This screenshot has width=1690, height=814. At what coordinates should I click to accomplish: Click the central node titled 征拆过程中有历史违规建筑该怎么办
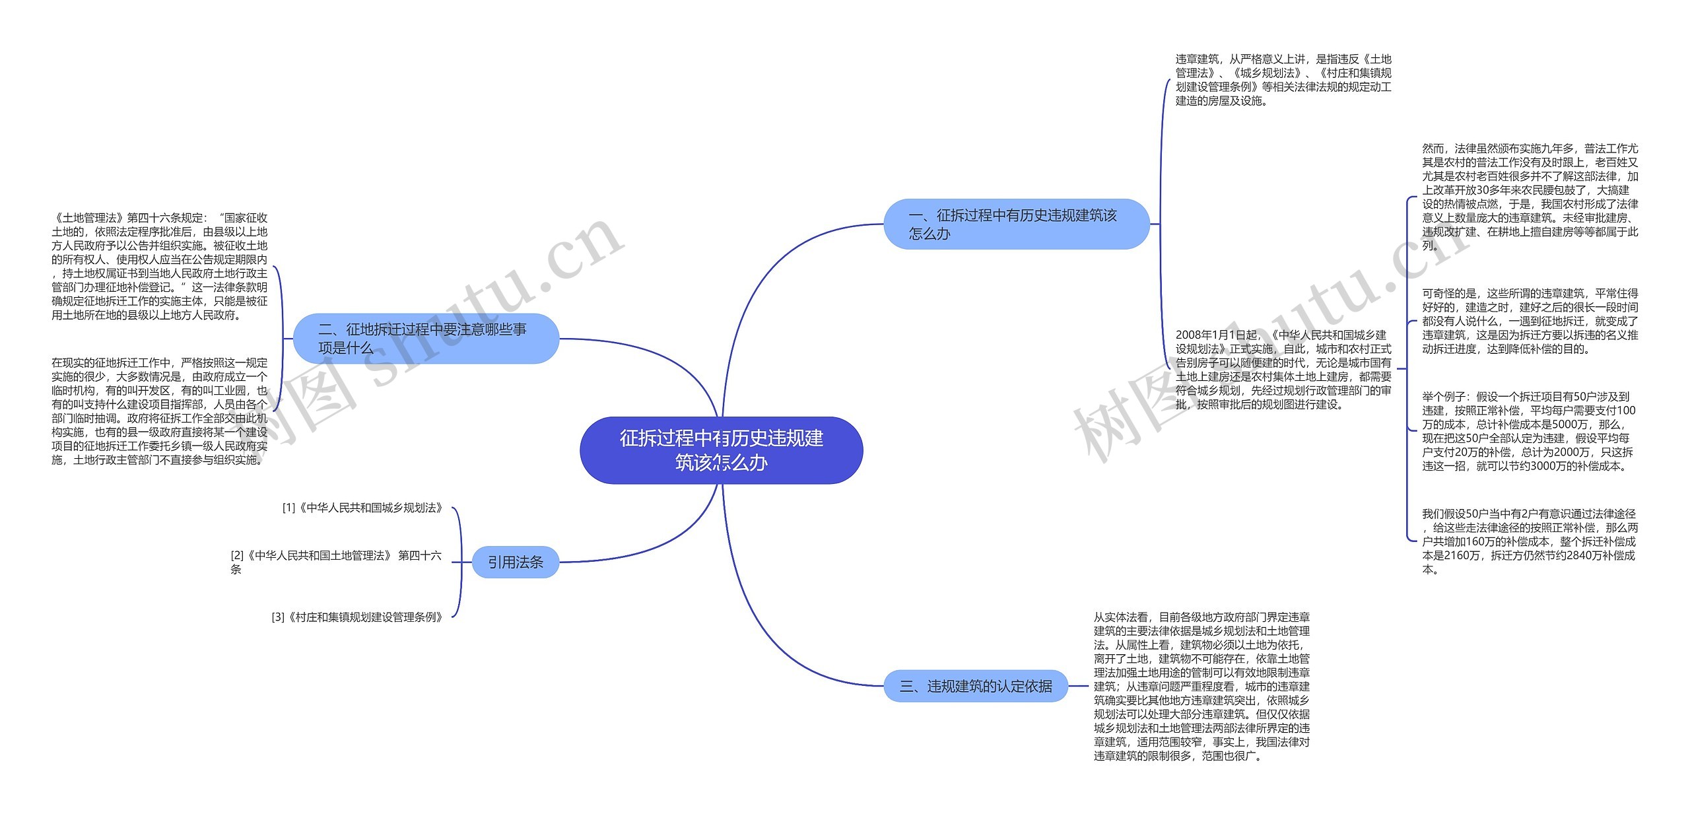click(721, 450)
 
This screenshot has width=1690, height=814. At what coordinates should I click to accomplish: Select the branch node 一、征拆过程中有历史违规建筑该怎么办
click(1016, 224)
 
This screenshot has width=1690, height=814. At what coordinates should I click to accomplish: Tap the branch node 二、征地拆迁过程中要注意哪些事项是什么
click(426, 339)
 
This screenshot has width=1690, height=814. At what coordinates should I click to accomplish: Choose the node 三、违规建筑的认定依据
click(976, 686)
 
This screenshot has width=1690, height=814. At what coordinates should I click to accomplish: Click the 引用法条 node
click(516, 562)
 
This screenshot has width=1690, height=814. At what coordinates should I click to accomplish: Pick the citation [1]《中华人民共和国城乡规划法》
click(362, 508)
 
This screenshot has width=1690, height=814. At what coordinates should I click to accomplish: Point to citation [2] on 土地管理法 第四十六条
click(336, 562)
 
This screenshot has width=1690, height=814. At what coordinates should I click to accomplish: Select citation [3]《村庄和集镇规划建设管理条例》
click(357, 617)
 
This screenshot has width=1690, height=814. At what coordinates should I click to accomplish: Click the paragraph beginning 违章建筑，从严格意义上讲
click(1283, 80)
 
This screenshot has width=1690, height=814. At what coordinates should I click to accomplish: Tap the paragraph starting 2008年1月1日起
click(1283, 370)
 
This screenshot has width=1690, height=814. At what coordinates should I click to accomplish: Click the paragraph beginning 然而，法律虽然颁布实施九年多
click(1530, 197)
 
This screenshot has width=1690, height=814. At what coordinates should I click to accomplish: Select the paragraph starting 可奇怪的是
click(1530, 321)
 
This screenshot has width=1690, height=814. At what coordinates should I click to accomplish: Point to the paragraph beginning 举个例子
click(1528, 431)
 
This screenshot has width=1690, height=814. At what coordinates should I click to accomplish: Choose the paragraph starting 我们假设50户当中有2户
click(1530, 541)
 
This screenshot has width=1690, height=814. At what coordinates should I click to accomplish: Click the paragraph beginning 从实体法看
click(1201, 687)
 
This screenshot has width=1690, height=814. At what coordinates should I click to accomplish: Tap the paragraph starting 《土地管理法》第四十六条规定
click(160, 266)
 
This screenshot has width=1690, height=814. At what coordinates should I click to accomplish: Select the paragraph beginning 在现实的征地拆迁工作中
click(160, 411)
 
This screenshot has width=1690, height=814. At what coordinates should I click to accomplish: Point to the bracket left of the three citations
click(459, 562)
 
